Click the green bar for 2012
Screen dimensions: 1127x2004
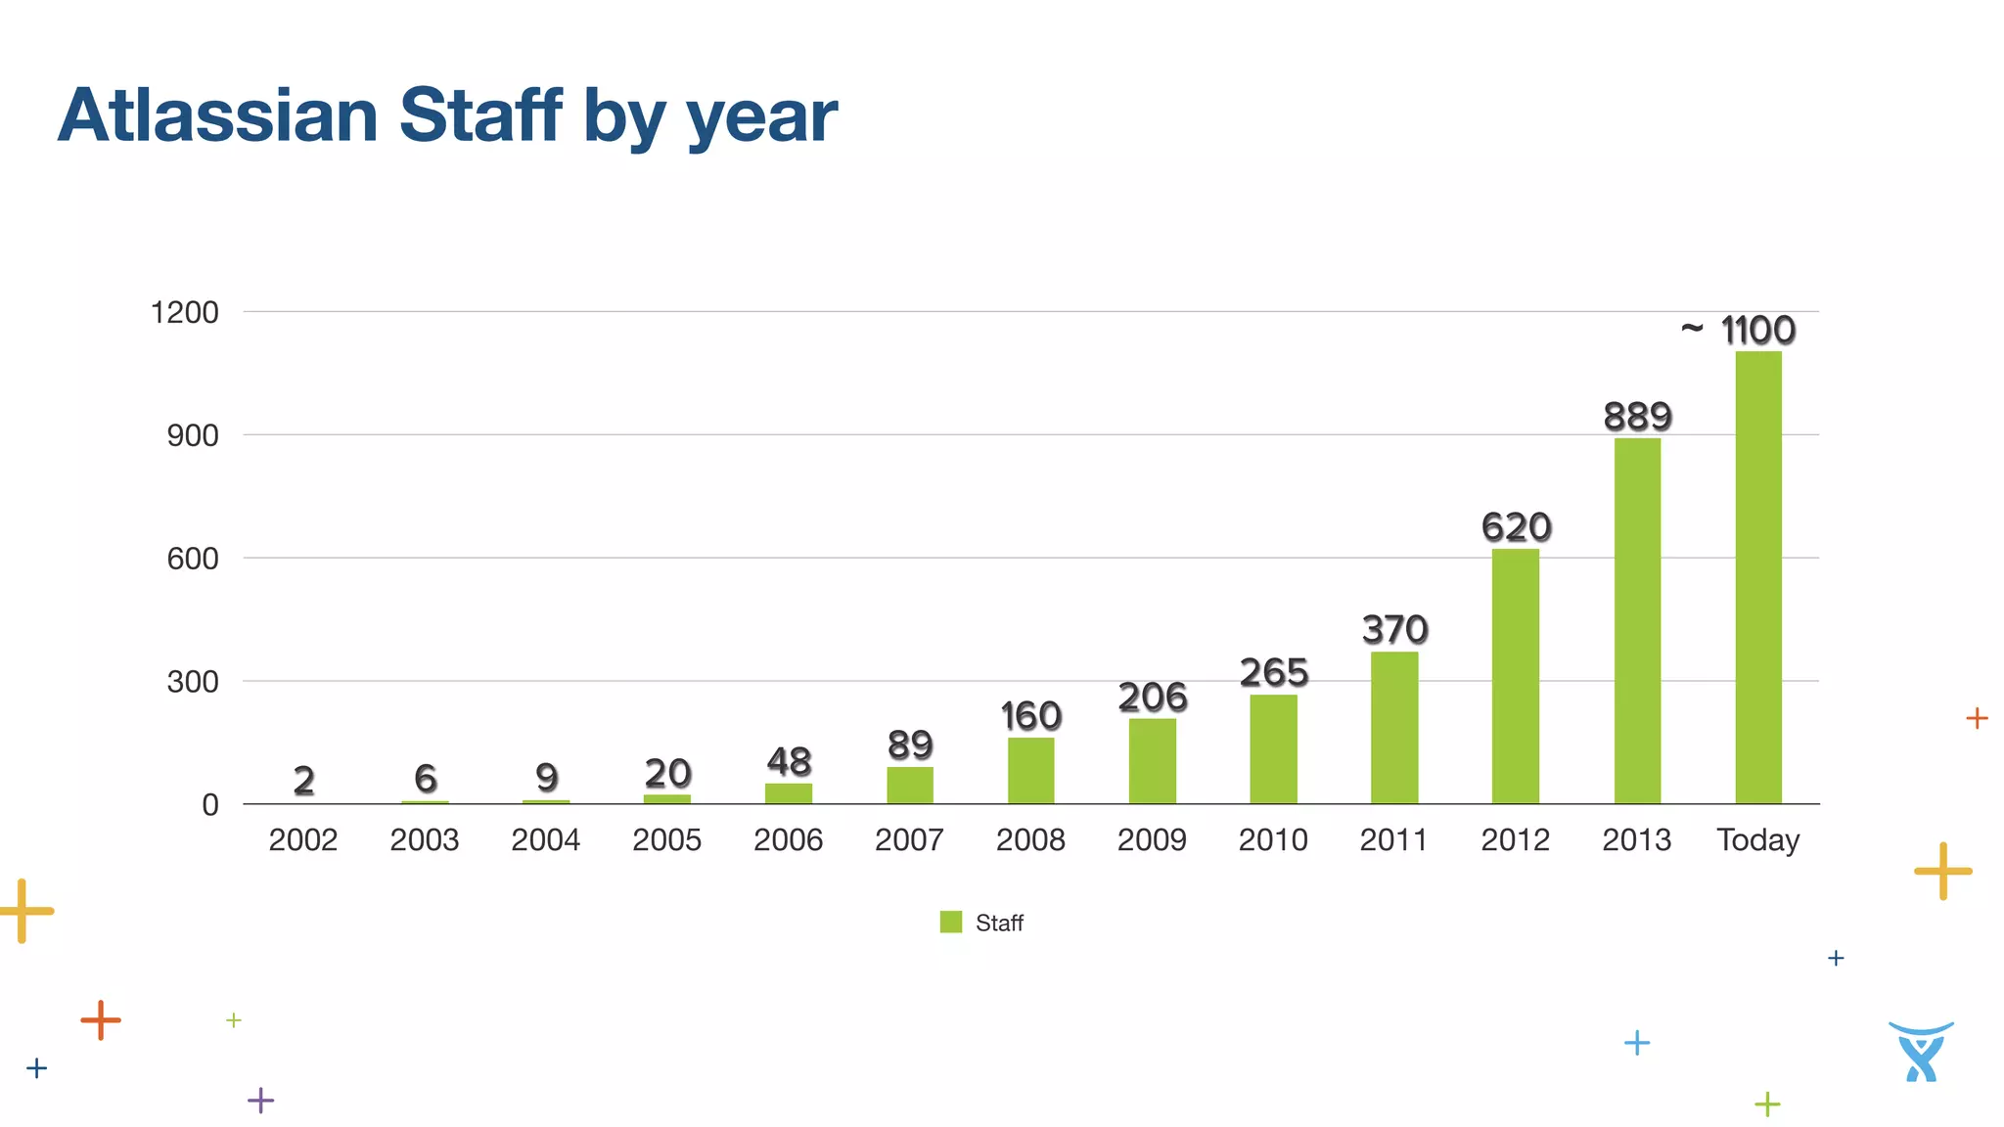1515,676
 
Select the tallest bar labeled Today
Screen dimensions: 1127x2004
1758,577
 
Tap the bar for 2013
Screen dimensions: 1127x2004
1637,621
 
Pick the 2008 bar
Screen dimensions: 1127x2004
1030,771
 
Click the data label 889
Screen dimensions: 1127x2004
1637,417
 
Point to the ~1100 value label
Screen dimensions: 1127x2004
1740,331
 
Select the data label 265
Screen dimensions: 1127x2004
1273,673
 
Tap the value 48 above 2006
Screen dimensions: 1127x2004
789,761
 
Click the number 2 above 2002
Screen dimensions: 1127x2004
303,780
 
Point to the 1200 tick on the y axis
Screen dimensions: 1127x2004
184,313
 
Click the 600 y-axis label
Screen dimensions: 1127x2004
192,559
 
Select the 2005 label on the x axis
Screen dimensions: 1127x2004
666,840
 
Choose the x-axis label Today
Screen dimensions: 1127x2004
1757,840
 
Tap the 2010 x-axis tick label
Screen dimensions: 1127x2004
1272,840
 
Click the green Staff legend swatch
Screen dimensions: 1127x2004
950,922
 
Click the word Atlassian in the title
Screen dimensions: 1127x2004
217,115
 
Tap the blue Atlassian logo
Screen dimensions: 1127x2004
1920,1052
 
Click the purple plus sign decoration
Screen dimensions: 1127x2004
260,1101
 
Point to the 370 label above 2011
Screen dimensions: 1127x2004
1394,629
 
